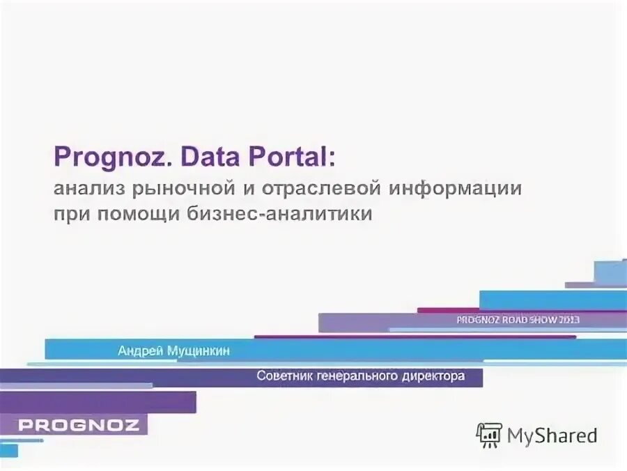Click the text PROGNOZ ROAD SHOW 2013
pos(518,320)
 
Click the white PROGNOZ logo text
pos(79,425)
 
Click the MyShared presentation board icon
pos(489,435)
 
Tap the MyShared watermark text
pos(552,436)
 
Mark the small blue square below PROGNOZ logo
pos(8,450)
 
